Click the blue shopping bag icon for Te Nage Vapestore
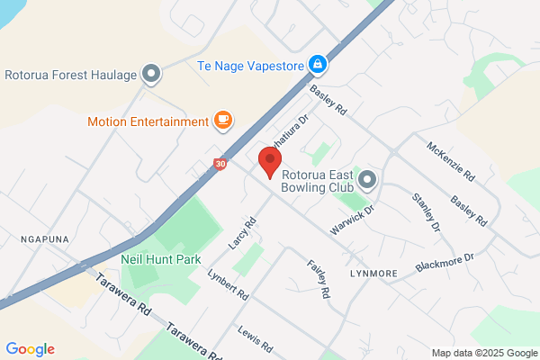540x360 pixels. pyautogui.click(x=317, y=65)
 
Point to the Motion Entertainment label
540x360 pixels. pyautogui.click(x=148, y=121)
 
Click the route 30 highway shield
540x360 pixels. pyautogui.click(x=221, y=165)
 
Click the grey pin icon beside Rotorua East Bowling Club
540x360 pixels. pyautogui.click(x=367, y=179)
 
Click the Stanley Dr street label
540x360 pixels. pyautogui.click(x=426, y=212)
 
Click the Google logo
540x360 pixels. pyautogui.click(x=30, y=349)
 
